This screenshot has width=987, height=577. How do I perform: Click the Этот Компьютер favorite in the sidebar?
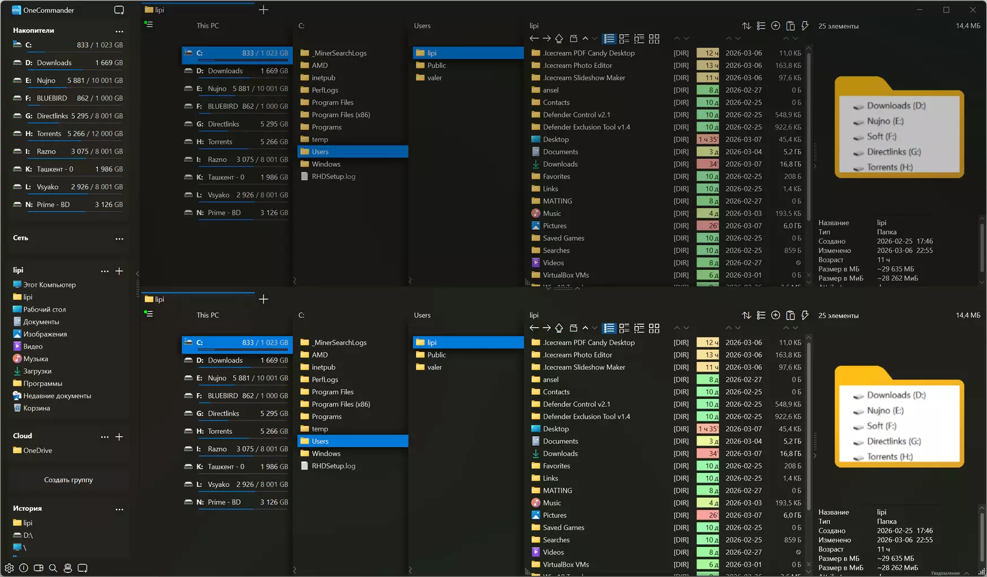click(49, 285)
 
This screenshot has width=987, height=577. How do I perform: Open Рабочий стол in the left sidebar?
click(44, 309)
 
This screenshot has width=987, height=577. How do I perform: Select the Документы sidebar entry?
click(41, 322)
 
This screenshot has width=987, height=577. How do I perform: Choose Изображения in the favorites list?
click(45, 334)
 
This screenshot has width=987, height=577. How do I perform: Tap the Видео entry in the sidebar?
click(33, 346)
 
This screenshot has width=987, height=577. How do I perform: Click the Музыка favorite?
click(35, 359)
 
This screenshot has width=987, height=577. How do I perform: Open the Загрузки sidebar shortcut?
click(37, 371)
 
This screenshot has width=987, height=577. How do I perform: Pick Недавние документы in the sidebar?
click(57, 396)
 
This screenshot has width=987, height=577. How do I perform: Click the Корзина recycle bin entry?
click(36, 408)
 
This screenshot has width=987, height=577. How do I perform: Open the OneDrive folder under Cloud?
click(37, 450)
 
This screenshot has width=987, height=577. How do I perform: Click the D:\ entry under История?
click(28, 535)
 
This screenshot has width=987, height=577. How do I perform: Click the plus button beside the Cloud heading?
click(119, 437)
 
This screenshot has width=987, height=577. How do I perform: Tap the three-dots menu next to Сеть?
click(119, 239)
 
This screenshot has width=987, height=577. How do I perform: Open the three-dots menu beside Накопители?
click(119, 31)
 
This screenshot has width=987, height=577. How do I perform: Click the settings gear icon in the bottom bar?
click(9, 568)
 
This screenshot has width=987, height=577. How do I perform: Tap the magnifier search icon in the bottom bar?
click(53, 568)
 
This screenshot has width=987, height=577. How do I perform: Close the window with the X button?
click(973, 10)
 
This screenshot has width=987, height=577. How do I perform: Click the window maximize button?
click(946, 10)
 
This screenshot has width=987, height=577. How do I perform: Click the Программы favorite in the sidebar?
click(42, 384)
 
